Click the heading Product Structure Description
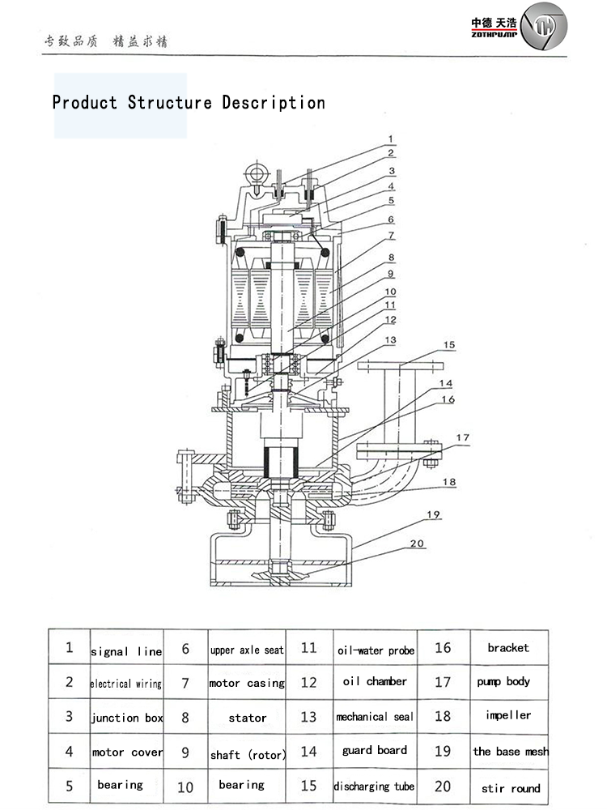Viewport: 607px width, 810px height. [x=189, y=103]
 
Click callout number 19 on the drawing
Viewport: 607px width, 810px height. [x=433, y=515]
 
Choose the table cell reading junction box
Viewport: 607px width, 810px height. [x=126, y=718]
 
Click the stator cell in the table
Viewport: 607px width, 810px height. [x=247, y=718]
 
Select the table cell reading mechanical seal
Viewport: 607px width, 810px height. [x=374, y=717]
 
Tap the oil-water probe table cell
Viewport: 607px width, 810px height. [x=376, y=650]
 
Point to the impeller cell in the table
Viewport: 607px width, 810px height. [x=508, y=715]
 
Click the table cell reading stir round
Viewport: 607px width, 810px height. [x=511, y=788]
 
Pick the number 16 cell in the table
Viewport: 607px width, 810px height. [x=443, y=647]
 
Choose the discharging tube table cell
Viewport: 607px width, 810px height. [x=374, y=787]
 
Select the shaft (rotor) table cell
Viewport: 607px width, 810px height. [x=248, y=755]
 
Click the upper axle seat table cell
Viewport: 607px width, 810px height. [x=247, y=650]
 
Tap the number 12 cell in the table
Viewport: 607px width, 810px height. [x=308, y=682]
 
